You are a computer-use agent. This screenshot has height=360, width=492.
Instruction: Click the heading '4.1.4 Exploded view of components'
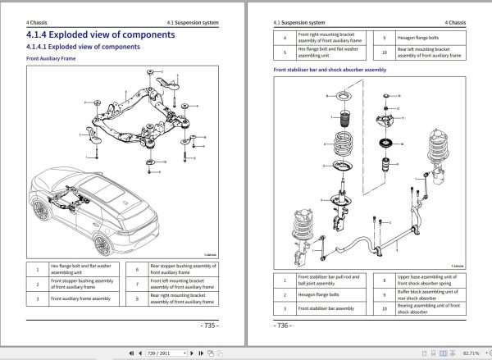(100, 34)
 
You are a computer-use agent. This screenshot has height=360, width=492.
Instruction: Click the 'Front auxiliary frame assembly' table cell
(80, 299)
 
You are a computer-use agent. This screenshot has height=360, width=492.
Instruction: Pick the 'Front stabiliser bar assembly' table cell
(328, 308)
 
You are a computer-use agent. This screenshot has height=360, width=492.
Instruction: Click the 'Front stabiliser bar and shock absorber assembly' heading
(329, 70)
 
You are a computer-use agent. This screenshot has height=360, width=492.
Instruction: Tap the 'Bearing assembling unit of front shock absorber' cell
(426, 308)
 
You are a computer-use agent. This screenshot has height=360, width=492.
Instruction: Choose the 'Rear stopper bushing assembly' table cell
(183, 268)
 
